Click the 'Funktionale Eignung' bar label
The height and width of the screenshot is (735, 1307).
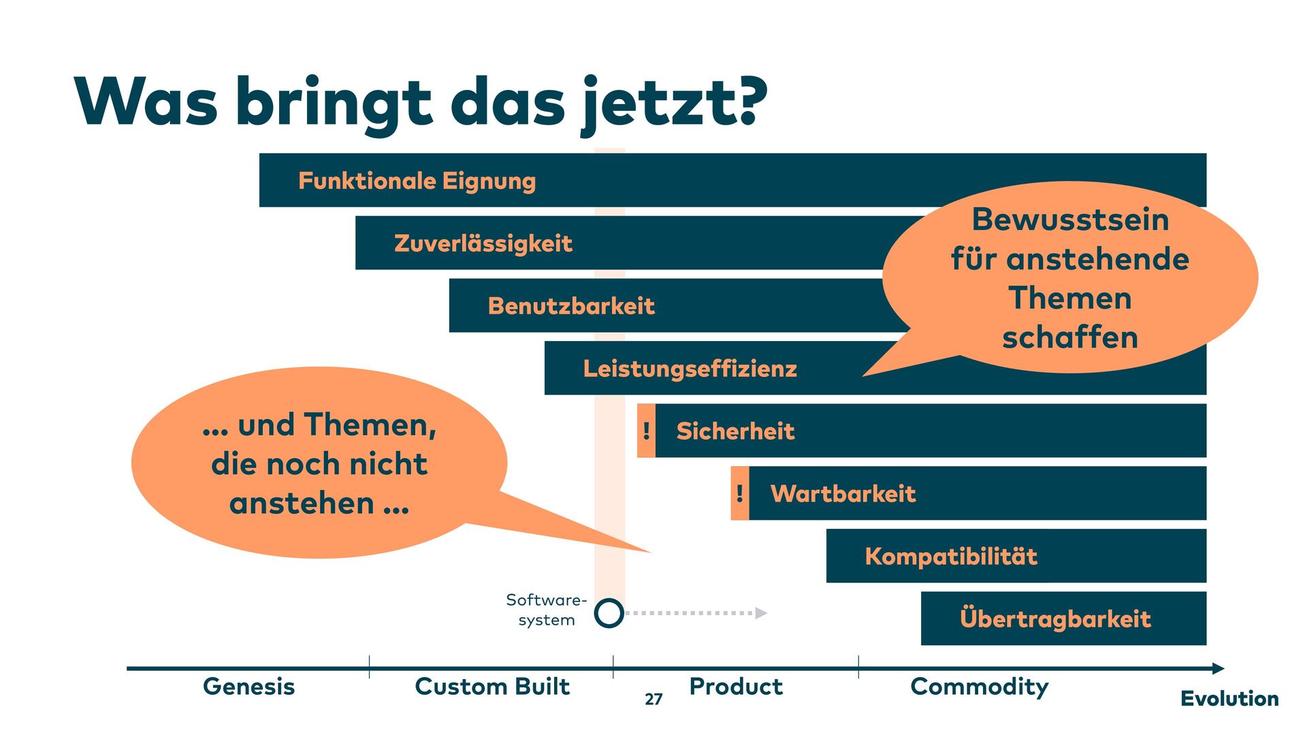click(417, 181)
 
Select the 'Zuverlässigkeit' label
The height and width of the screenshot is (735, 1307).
click(483, 244)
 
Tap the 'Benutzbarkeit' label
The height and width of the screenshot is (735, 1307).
click(571, 306)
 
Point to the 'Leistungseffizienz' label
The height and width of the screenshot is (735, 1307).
click(690, 369)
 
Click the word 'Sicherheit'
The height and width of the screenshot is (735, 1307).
click(735, 431)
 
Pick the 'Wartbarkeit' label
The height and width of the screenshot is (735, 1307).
click(843, 494)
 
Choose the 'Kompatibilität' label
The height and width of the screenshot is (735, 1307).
click(951, 557)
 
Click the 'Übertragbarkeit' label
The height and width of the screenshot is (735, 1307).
click(1055, 619)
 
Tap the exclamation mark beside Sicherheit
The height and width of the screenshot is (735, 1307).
click(646, 431)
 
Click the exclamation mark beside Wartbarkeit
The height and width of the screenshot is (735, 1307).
click(739, 493)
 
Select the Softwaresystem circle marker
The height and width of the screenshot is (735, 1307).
click(609, 613)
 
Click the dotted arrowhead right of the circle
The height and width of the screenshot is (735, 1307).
click(761, 613)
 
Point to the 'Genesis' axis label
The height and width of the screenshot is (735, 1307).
click(248, 687)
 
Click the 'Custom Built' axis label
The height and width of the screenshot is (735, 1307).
click(491, 687)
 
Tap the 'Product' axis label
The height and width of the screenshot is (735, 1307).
click(736, 687)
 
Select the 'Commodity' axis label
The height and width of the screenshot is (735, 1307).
click(979, 687)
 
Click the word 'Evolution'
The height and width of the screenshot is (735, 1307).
click(1229, 699)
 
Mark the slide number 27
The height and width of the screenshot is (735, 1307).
click(653, 700)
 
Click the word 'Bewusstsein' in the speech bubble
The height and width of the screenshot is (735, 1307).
click(1069, 220)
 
